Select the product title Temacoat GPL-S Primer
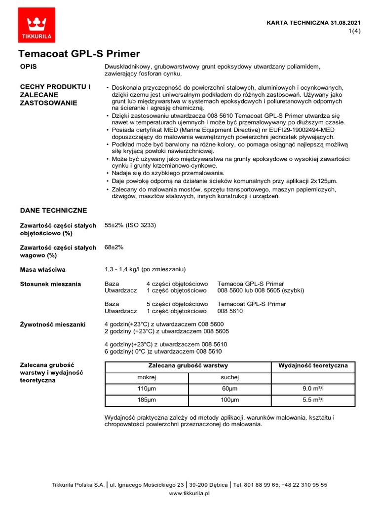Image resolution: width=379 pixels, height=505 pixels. pos(79,54)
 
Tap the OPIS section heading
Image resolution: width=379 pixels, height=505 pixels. pos(28,67)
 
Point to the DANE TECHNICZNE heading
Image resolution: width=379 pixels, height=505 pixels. pos(53,211)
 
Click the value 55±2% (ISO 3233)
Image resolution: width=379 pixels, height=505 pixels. pos(130,225)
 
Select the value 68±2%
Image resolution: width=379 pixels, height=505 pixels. pos(114,247)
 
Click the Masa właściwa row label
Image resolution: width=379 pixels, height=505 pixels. pos(42,270)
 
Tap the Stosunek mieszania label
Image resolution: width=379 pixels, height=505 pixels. pos(50,285)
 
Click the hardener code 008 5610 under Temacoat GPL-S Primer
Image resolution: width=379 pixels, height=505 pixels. pos(230,311)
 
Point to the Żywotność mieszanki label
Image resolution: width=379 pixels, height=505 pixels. pos(52,325)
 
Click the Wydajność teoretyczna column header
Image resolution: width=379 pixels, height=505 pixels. pos(313,366)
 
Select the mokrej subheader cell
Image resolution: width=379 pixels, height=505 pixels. pos(147,378)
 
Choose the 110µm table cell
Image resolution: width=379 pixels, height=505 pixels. pos(147,389)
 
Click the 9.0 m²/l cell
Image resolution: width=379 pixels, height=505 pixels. pos(313,389)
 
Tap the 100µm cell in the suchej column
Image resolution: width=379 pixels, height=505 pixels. pos(229,400)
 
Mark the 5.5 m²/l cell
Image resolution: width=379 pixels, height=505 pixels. pos(313,400)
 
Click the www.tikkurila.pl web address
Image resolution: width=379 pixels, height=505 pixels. pos(189,493)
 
